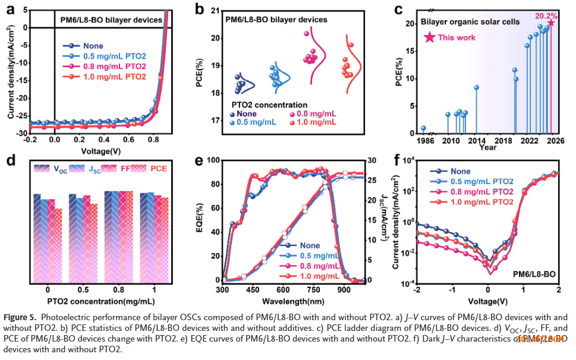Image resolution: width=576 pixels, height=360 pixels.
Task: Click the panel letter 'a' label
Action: tap(10, 10)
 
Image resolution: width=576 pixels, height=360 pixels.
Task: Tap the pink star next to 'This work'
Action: tap(429, 37)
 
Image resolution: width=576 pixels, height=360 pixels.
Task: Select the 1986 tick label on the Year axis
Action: tap(423, 141)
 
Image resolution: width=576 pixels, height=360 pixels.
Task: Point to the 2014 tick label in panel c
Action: tap(476, 141)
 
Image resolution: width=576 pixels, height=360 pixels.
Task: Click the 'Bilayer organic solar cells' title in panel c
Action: tap(470, 22)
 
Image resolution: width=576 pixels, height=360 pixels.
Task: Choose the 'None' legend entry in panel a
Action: tap(93, 46)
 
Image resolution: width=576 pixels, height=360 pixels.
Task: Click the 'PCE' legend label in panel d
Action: tap(158, 169)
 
